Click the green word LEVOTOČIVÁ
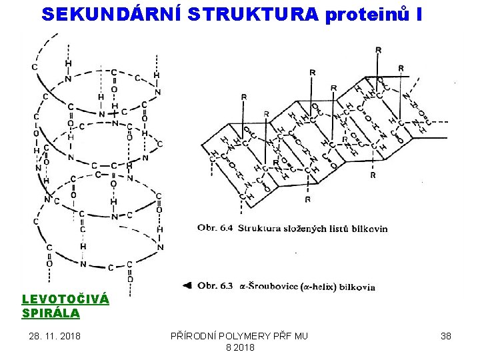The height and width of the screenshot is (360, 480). [65, 299]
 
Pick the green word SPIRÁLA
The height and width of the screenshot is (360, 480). [51, 313]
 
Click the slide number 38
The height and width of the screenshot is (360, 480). [446, 336]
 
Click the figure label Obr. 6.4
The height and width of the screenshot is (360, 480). [215, 229]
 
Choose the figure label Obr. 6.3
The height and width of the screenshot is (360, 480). [215, 287]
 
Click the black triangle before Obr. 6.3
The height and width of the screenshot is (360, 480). [188, 286]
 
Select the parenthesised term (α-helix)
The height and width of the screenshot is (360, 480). [317, 287]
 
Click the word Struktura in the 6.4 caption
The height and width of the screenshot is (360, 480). [261, 229]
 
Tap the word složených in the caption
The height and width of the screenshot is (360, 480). [307, 229]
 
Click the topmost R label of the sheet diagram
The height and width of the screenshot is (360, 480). [379, 50]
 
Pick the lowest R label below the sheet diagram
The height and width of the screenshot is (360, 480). [307, 199]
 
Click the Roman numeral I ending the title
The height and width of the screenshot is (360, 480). [418, 14]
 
